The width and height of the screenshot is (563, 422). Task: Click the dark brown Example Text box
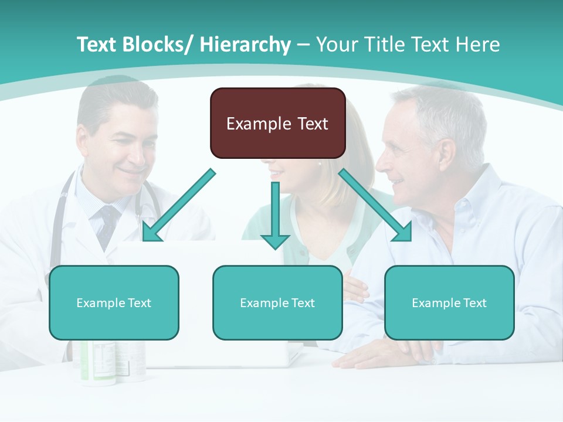coord(277,123)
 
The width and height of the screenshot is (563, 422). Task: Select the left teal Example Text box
coord(114,302)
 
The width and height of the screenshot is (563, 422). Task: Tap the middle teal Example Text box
coord(277,302)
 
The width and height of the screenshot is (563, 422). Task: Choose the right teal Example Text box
coord(449,302)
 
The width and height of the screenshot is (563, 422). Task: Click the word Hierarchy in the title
coord(245,45)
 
